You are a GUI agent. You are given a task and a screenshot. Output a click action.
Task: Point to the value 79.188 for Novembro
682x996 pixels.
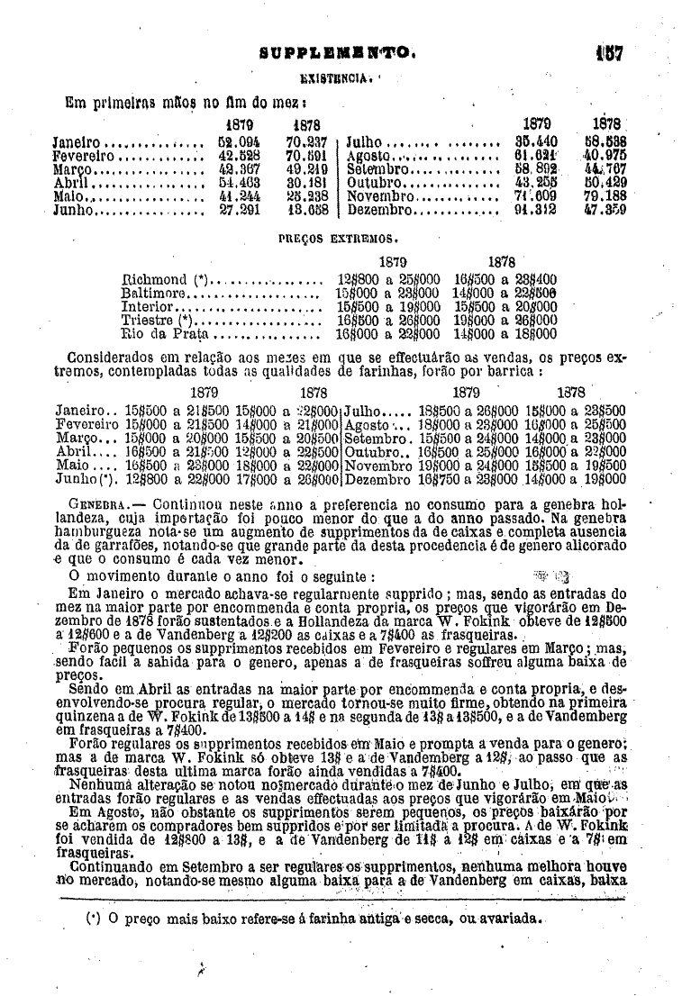(x=608, y=195)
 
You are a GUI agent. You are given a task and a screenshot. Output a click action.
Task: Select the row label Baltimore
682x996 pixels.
(x=155, y=293)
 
